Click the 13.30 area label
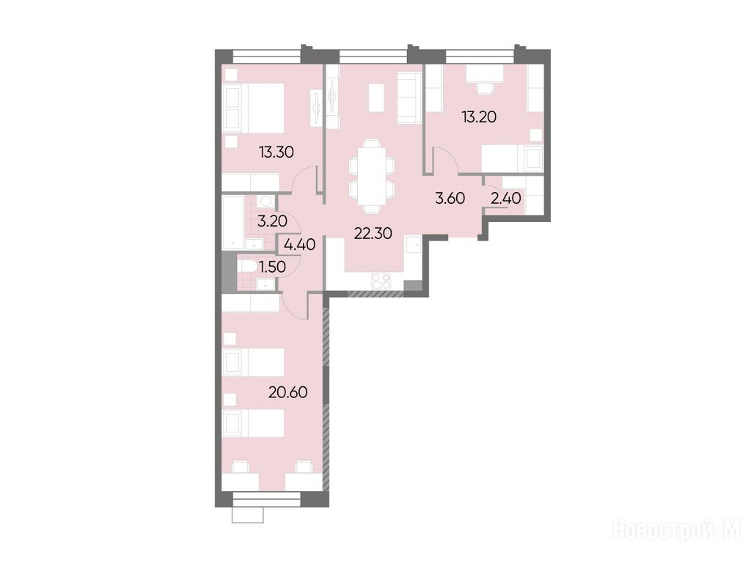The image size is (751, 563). pos(276,152)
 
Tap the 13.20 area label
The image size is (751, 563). pos(479,117)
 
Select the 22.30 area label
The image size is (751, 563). pos(373,233)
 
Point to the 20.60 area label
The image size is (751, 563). pos(287,392)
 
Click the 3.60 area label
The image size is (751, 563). pos(450,198)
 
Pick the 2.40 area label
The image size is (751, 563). pos(506,198)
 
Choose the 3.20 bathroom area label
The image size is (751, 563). pos(272,221)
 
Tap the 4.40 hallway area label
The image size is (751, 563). pos(299,245)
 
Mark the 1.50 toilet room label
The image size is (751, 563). pos(272,267)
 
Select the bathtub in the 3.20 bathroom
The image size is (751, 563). pos(233,222)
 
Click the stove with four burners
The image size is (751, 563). pos(381,281)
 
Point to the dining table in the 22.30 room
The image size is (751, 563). pos(372,175)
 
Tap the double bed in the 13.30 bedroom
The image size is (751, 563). pos(253,108)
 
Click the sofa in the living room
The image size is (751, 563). pos(409,97)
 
